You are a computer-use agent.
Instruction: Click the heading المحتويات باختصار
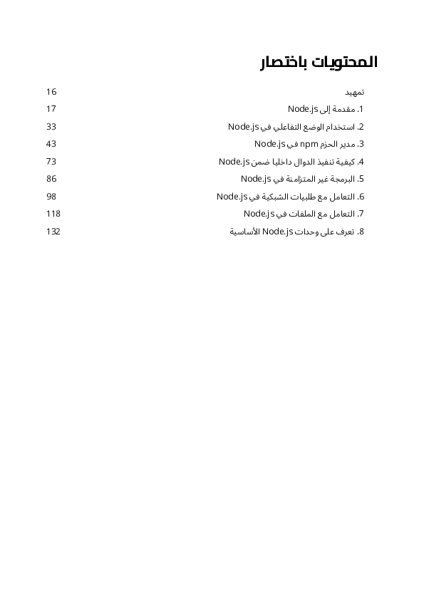(x=318, y=62)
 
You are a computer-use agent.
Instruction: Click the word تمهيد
(x=354, y=92)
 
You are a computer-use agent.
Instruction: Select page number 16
(x=51, y=92)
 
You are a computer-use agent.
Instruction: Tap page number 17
(x=51, y=109)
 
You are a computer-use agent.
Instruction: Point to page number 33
(x=51, y=127)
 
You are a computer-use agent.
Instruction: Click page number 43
(x=51, y=144)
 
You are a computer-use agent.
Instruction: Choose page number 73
(x=51, y=162)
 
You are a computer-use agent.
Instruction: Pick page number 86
(x=51, y=179)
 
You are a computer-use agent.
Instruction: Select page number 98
(x=51, y=196)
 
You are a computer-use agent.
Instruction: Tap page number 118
(x=53, y=214)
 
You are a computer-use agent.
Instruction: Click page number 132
(x=53, y=232)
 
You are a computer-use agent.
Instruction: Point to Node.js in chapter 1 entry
(x=302, y=109)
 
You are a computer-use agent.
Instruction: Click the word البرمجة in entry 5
(x=342, y=179)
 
